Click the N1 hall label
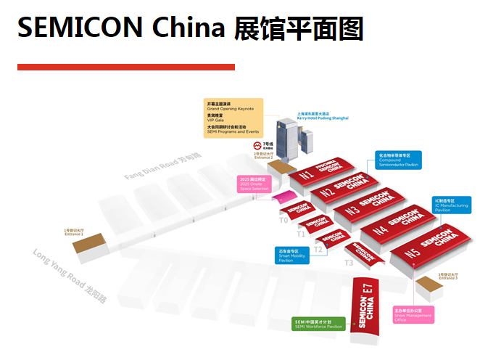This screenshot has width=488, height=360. (x=307, y=176)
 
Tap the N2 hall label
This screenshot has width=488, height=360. (x=328, y=192)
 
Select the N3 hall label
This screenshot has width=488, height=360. (x=352, y=211)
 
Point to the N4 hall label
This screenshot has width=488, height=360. (x=380, y=231)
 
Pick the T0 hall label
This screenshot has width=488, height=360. (x=284, y=219)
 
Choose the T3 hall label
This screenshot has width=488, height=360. (x=349, y=263)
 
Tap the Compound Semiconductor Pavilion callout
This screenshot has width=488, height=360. (x=398, y=160)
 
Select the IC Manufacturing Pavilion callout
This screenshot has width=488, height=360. (x=452, y=205)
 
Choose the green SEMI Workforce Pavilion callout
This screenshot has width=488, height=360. (x=318, y=324)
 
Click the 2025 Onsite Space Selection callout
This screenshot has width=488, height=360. (x=253, y=183)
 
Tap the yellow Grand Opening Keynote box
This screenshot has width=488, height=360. (x=233, y=118)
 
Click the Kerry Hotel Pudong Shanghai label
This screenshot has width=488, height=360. (x=323, y=115)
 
